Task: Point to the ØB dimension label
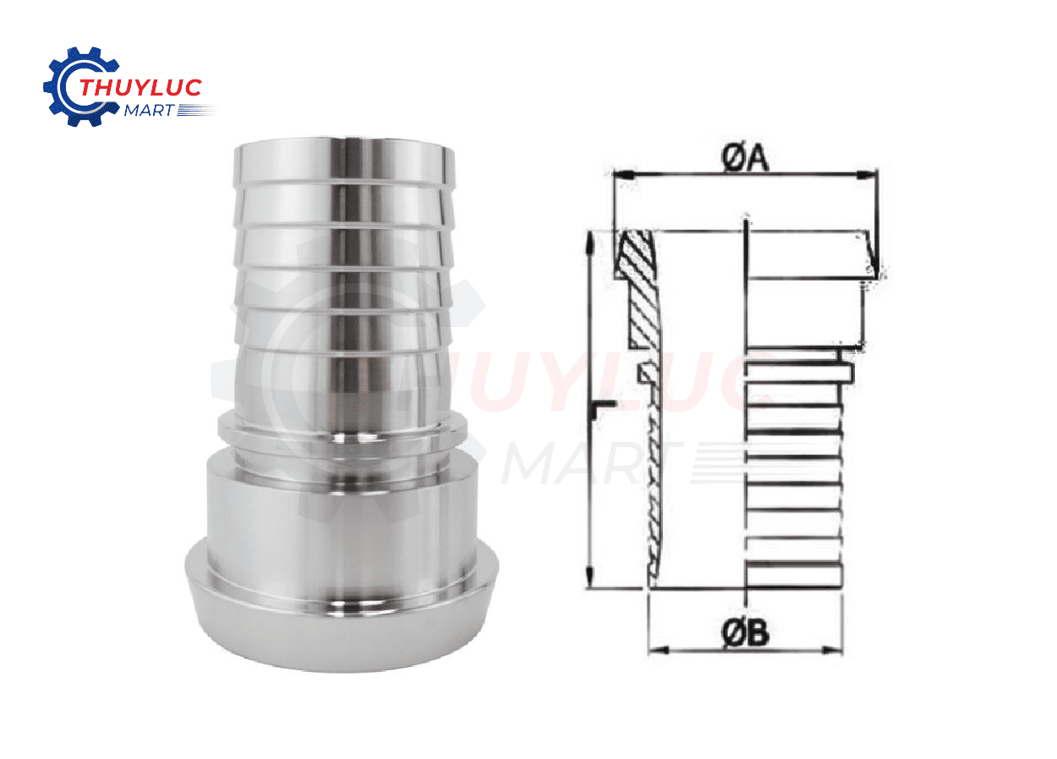click(746, 631)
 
